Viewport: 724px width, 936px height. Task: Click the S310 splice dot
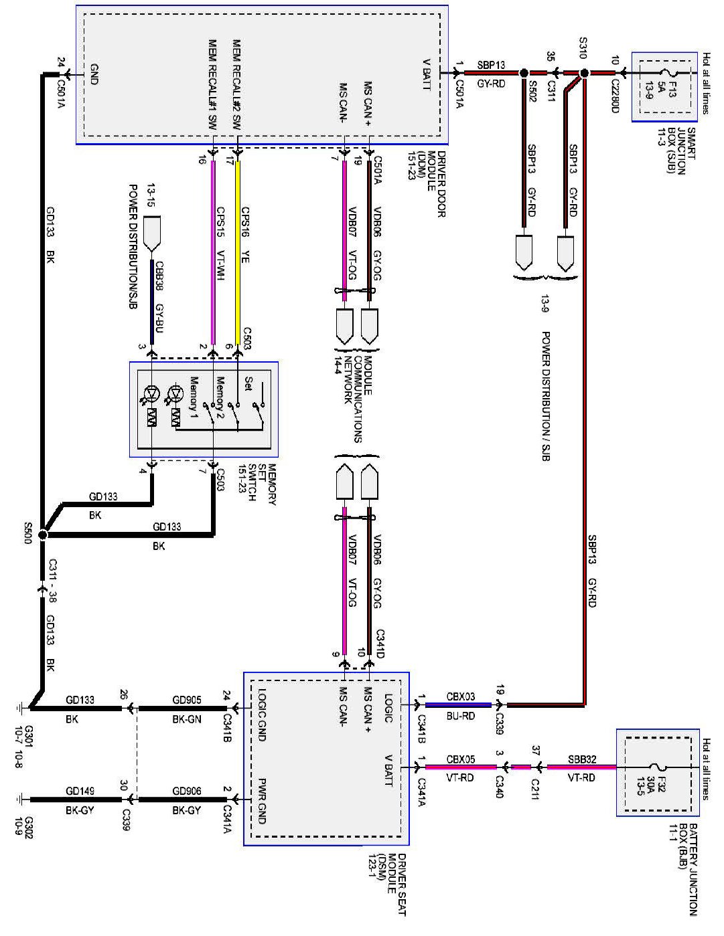pos(583,73)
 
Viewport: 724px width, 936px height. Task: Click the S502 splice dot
pos(524,73)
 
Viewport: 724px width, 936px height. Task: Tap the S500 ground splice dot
pos(44,535)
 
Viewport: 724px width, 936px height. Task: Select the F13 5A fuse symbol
pos(665,73)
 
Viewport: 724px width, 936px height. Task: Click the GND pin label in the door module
pos(94,73)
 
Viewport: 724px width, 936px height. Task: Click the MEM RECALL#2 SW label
pos(235,84)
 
